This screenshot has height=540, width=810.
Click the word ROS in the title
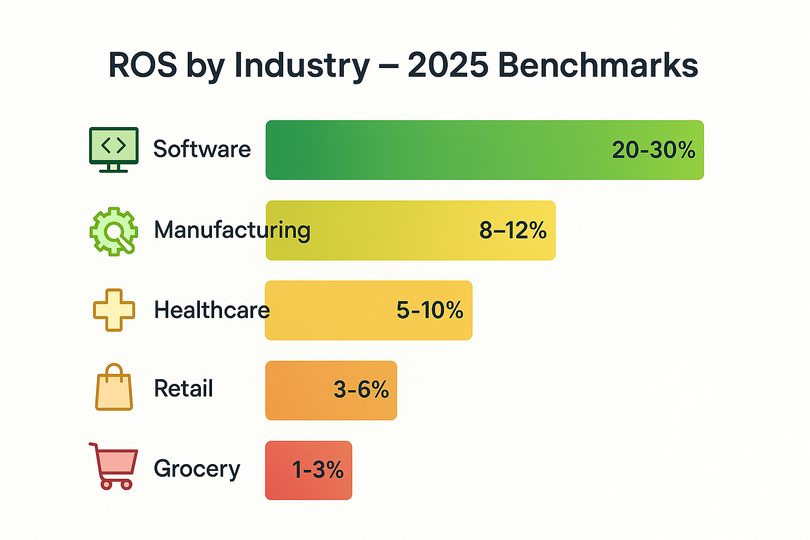click(x=142, y=65)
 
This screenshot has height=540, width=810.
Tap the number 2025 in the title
click(x=448, y=65)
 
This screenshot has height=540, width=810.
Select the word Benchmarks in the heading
click(x=597, y=65)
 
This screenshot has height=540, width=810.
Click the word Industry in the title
click(x=302, y=66)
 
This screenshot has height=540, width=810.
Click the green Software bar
click(x=422, y=150)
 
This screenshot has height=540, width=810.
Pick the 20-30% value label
click(x=653, y=150)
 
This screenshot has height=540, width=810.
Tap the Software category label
click(x=202, y=149)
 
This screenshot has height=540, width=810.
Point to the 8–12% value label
click(x=513, y=230)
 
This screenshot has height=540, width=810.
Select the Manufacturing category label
click(x=232, y=230)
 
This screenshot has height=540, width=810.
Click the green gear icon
click(x=114, y=231)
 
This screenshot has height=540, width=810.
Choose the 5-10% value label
click(x=430, y=310)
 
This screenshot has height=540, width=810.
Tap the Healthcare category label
click(x=211, y=310)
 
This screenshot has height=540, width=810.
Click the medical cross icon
click(x=114, y=310)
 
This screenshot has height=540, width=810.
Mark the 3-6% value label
click(x=361, y=390)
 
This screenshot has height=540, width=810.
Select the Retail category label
click(x=184, y=389)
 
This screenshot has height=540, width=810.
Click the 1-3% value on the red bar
click(x=317, y=470)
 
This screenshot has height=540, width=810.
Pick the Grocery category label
click(x=197, y=469)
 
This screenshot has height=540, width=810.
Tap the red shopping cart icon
click(x=114, y=466)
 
